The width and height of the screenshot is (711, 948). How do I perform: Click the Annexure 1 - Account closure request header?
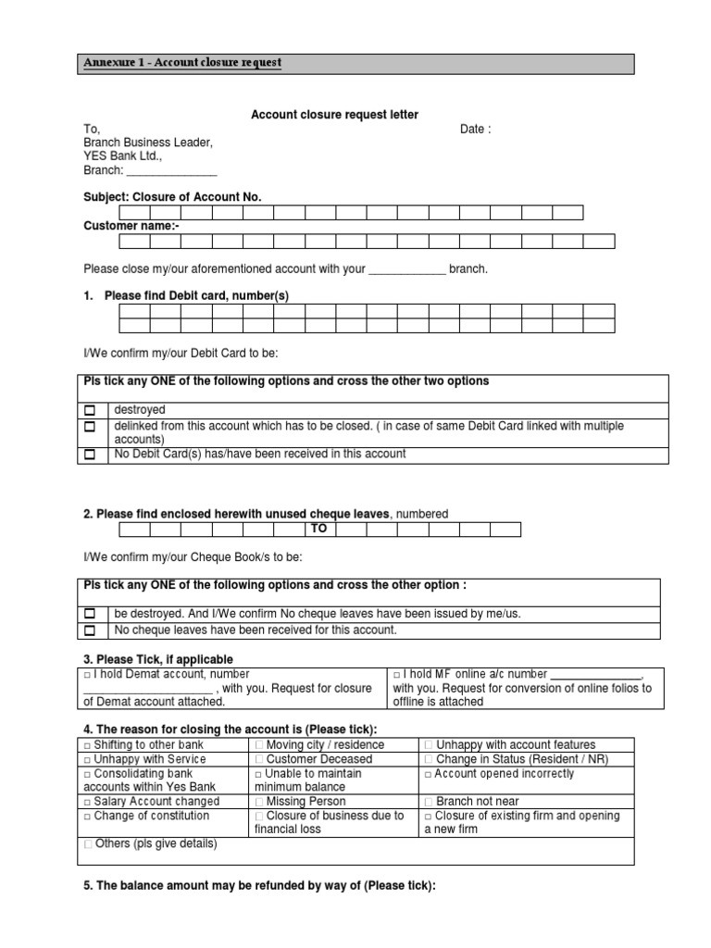click(x=182, y=63)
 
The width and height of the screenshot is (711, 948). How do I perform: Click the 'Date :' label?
click(x=475, y=130)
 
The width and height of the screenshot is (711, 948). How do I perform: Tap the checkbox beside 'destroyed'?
click(x=90, y=410)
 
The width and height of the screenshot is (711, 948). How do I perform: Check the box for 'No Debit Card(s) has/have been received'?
click(x=90, y=455)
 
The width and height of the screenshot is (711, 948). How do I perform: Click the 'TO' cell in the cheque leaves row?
click(x=319, y=529)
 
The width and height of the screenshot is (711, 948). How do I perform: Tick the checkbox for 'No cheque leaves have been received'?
click(x=90, y=630)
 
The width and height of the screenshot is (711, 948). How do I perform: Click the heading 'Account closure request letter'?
click(x=335, y=115)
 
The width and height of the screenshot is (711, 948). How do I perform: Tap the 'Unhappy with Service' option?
click(x=143, y=759)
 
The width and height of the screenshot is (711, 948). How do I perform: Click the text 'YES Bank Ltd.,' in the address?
click(x=122, y=156)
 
